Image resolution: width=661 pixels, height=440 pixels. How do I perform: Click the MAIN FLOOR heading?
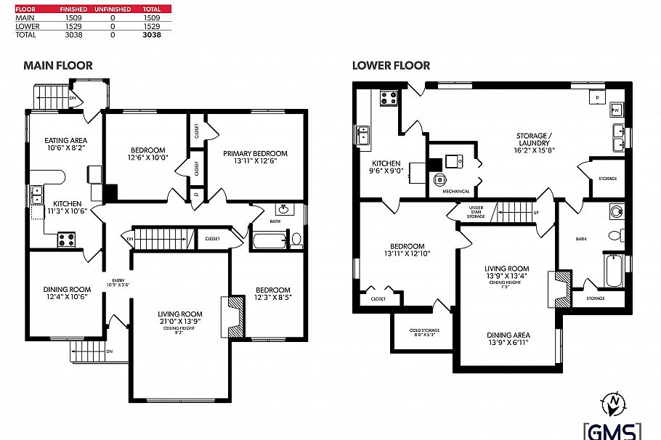[x=58, y=65]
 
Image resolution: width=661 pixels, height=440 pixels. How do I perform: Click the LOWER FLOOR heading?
[x=391, y=65]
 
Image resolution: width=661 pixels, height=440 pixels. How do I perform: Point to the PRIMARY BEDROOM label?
[x=255, y=153]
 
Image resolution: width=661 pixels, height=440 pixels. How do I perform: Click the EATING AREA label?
[x=66, y=140]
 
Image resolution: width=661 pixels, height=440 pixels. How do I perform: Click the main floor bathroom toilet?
[x=296, y=239]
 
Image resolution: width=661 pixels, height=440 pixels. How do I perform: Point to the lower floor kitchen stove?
[x=387, y=98]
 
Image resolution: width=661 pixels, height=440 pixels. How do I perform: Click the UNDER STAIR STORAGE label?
[x=476, y=212]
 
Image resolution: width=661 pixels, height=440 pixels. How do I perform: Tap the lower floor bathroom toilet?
[x=615, y=235]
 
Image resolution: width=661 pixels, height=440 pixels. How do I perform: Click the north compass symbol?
[x=615, y=401]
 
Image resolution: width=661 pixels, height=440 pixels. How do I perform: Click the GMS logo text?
[x=612, y=431]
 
